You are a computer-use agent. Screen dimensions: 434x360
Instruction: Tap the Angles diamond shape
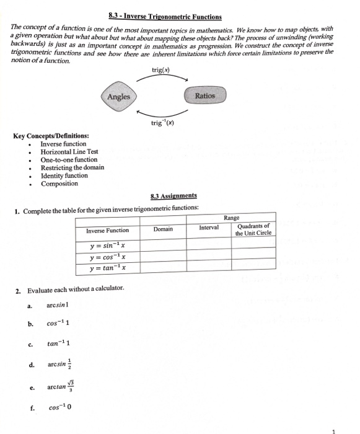coord(118,97)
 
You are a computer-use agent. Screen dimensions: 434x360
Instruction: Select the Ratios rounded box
coord(205,96)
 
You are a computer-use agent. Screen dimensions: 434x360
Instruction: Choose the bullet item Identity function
coord(64,175)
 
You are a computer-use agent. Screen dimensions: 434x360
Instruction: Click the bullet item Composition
coord(59,184)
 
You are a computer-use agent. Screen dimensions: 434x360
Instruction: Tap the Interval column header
coord(209,228)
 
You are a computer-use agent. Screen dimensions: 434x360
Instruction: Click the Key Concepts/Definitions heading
coord(50,136)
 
